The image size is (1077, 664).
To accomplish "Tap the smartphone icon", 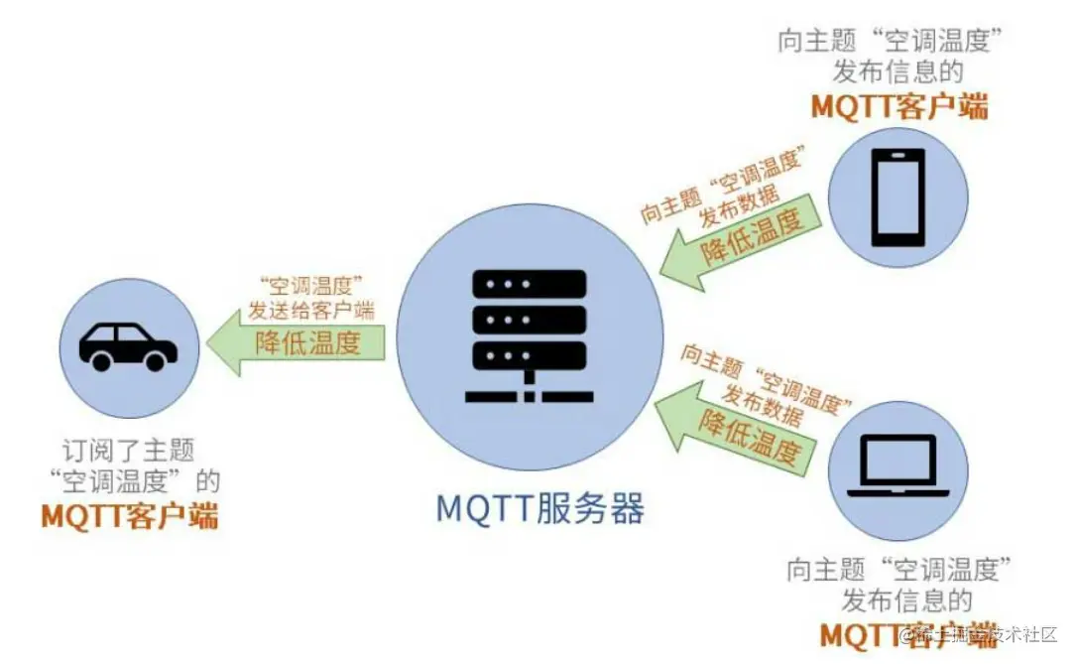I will tap(897, 198).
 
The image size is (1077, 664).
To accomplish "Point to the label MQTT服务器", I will tap(540, 508).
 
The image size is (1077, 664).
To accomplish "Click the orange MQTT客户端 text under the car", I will tap(130, 516).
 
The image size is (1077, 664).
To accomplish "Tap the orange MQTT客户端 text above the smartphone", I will tap(899, 106).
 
